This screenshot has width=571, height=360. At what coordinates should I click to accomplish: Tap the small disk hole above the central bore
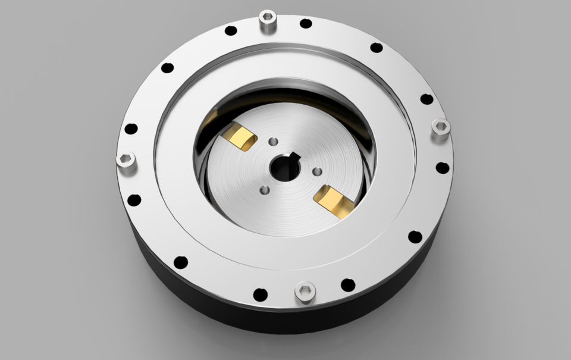pyautogui.click(x=273, y=142)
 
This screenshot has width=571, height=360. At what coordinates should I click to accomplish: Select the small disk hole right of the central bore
pyautogui.click(x=317, y=171)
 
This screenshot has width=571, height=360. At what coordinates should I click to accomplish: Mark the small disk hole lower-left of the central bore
pyautogui.click(x=265, y=190)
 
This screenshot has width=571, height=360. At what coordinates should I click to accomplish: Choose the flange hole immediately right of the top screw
pyautogui.click(x=306, y=24)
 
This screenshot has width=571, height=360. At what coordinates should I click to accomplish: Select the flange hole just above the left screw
pyautogui.click(x=131, y=129)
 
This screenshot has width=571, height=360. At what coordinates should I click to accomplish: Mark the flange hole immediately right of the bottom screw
pyautogui.click(x=348, y=285)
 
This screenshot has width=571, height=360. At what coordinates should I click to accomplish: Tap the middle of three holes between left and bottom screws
pyautogui.click(x=181, y=262)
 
